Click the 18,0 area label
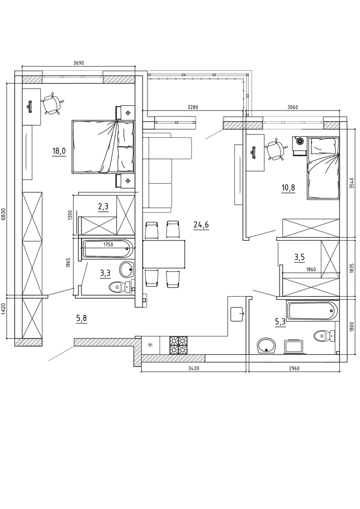click(x=59, y=151)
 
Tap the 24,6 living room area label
click(x=201, y=224)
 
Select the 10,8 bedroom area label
click(x=288, y=188)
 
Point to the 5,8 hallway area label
click(x=81, y=319)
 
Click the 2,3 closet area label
click(x=103, y=207)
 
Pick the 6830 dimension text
click(x=4, y=214)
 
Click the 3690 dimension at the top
click(x=79, y=63)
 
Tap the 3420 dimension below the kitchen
click(x=193, y=368)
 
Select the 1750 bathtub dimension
click(x=108, y=245)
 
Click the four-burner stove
click(x=178, y=345)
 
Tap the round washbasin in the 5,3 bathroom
click(x=266, y=346)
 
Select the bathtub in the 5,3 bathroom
click(x=313, y=310)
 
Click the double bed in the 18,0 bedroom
click(x=103, y=147)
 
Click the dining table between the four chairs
click(x=164, y=254)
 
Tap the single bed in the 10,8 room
click(x=323, y=168)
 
